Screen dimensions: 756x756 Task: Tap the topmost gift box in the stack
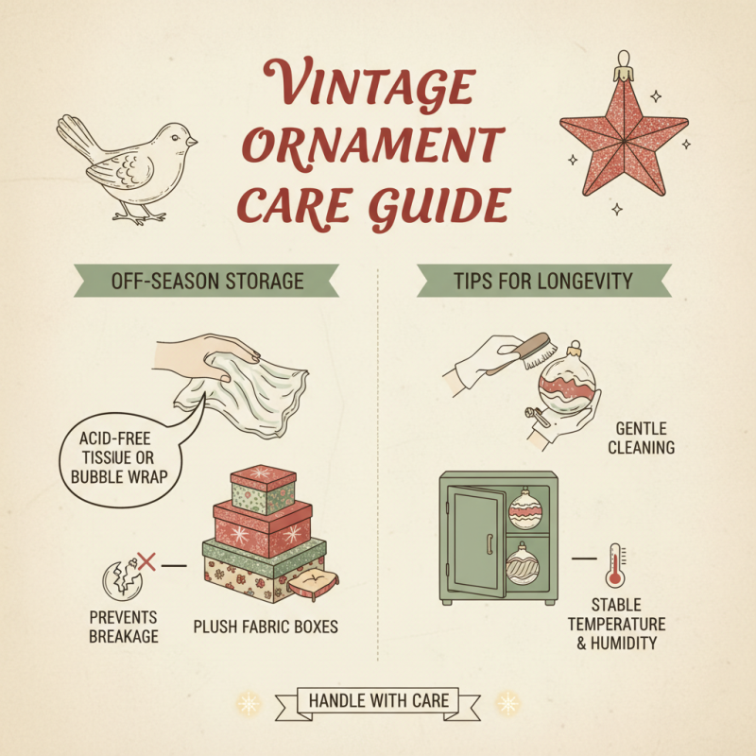263,489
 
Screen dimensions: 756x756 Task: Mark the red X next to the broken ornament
146,561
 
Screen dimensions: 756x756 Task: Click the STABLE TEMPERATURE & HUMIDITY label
628,624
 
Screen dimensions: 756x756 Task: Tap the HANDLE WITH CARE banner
378,700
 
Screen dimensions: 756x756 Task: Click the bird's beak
192,142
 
